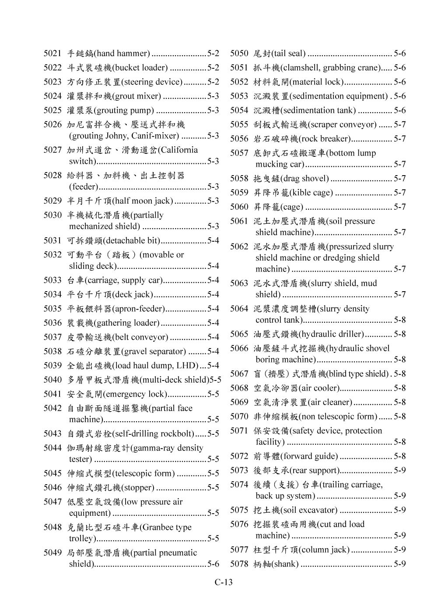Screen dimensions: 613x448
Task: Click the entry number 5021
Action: (x=52, y=54)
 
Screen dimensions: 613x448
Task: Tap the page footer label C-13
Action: (x=224, y=582)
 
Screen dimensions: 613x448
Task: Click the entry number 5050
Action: (x=239, y=54)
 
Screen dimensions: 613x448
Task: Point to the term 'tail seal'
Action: (x=288, y=54)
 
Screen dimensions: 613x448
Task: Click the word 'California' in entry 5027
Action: (x=179, y=150)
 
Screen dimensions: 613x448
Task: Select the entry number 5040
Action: (x=52, y=380)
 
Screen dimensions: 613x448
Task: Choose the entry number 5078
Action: (x=239, y=564)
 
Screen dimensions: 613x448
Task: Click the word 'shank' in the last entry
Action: (x=285, y=564)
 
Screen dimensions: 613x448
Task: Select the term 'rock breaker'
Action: (x=325, y=139)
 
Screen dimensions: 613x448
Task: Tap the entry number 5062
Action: (x=239, y=247)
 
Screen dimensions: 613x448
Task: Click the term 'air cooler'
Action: (x=318, y=388)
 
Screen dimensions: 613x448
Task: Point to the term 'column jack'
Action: (x=324, y=550)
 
